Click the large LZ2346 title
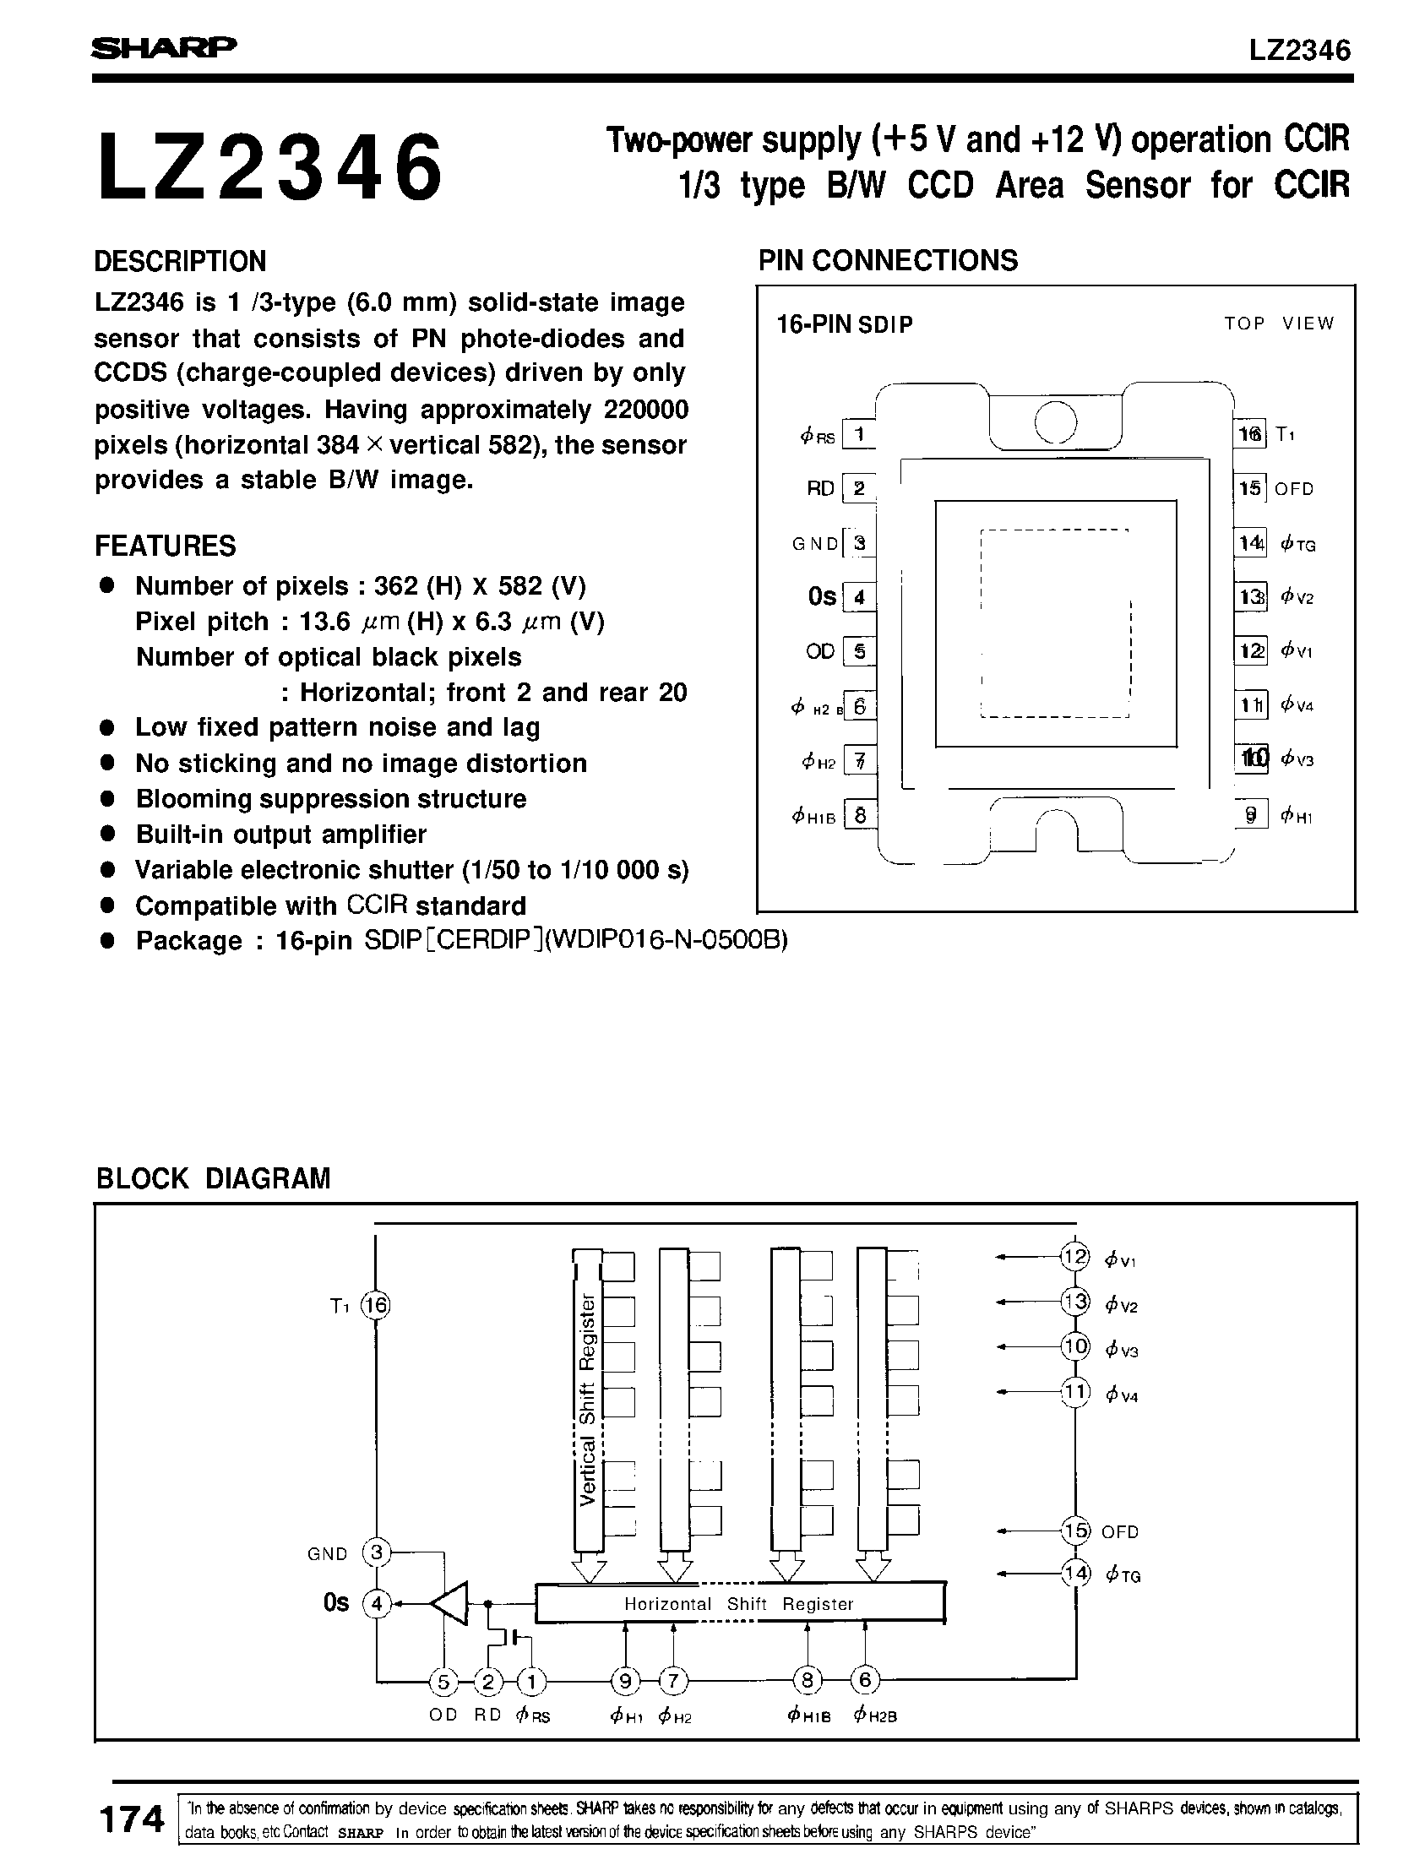(269, 168)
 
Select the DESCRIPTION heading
(180, 261)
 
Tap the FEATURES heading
(165, 546)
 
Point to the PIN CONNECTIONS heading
(888, 260)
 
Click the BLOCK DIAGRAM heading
(213, 1178)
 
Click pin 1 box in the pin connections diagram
(860, 435)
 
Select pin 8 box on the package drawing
(860, 816)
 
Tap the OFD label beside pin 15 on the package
(1294, 489)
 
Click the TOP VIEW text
(1278, 324)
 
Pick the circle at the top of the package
(1055, 421)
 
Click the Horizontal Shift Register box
(739, 1603)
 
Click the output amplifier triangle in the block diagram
(451, 1602)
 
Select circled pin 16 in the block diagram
(375, 1307)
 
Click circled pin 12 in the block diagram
(1075, 1258)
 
